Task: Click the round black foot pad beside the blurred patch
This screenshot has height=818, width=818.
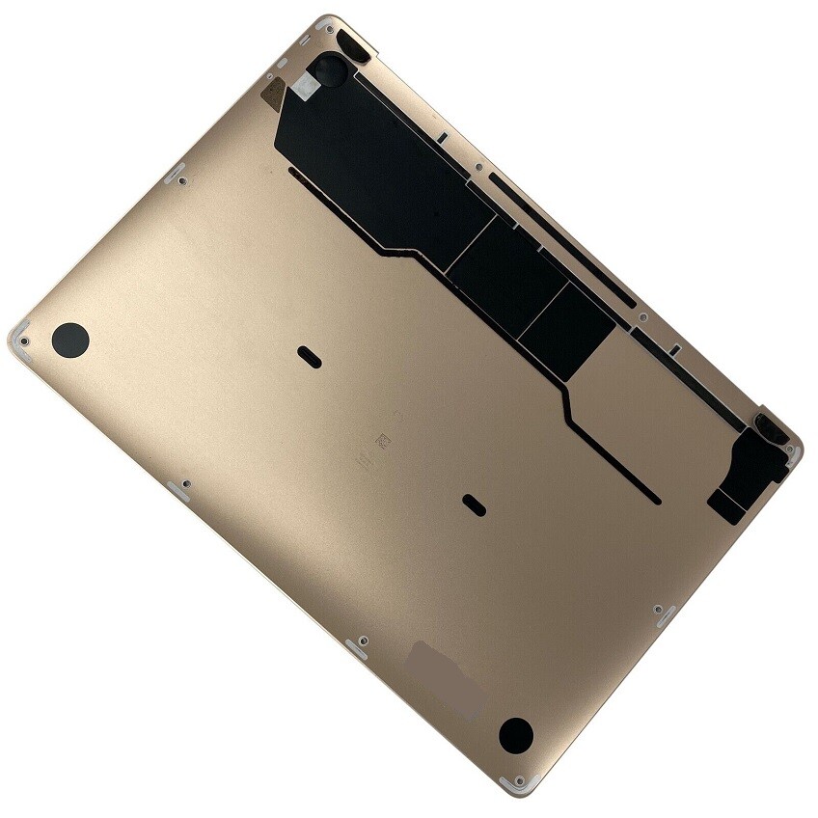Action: coord(515,734)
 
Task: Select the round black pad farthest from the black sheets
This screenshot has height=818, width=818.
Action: coord(69,338)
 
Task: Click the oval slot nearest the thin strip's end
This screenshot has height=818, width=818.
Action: coord(473,503)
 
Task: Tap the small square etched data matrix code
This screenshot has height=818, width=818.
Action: coord(382,440)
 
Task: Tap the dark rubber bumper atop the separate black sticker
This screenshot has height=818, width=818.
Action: coord(768,424)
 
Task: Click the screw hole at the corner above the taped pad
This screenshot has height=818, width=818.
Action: coord(326,26)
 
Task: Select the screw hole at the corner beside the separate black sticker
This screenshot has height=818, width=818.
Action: coord(793,450)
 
